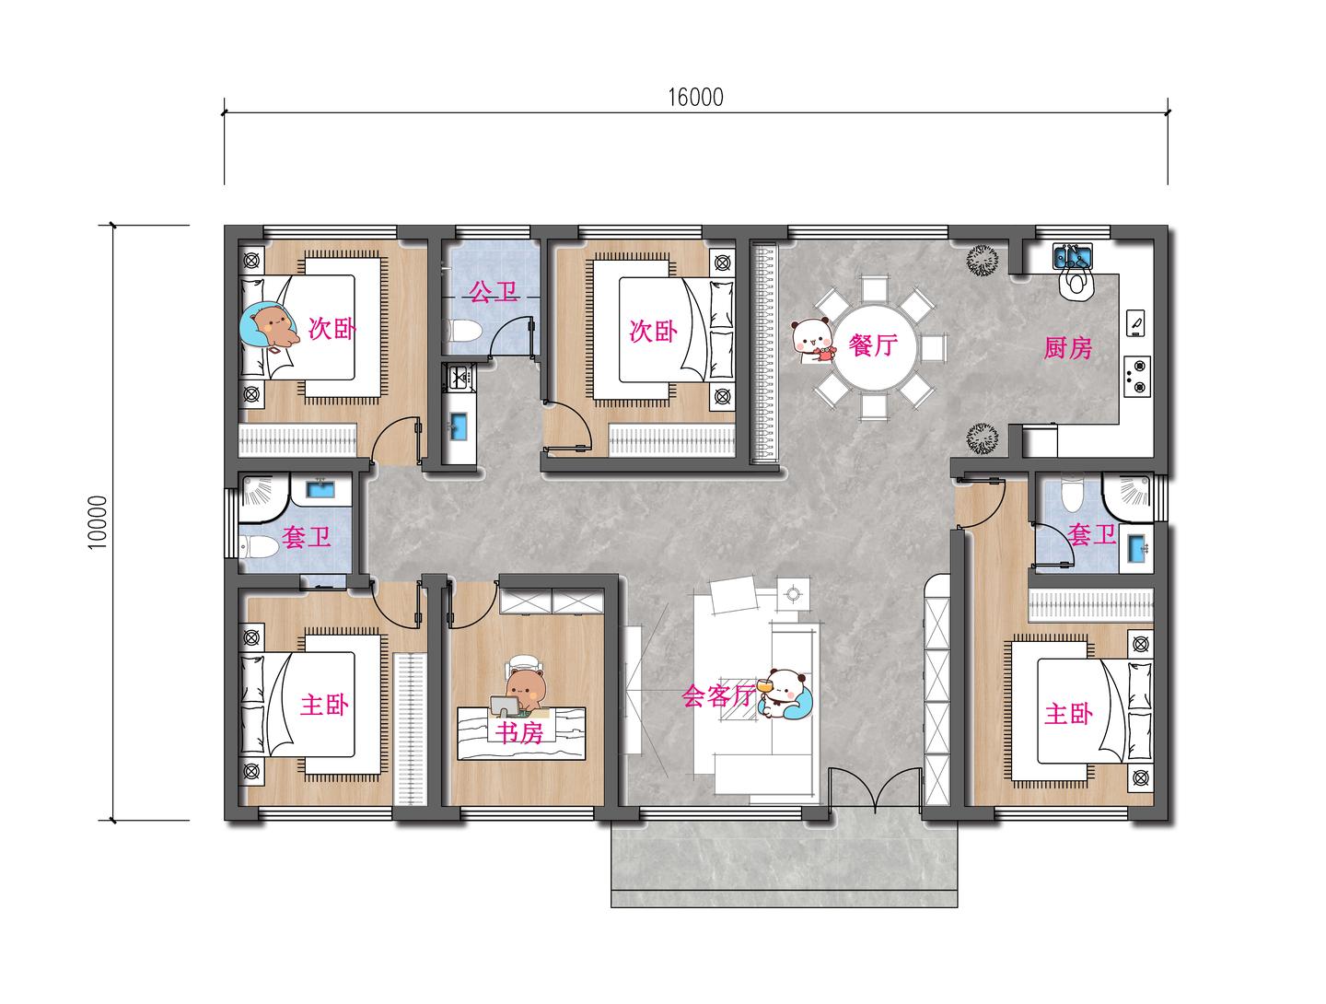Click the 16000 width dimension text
[695, 98]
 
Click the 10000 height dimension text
[98, 522]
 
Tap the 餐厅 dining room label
[874, 344]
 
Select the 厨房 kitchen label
[1068, 348]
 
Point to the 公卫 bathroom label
[494, 292]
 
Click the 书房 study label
[519, 732]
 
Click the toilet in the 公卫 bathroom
[463, 331]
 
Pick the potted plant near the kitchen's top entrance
[983, 261]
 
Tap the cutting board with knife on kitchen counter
[1135, 322]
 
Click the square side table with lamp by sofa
[793, 594]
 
